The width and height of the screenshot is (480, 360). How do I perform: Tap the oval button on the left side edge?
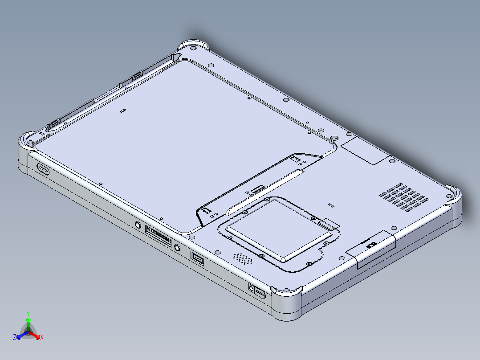pyautogui.click(x=44, y=169)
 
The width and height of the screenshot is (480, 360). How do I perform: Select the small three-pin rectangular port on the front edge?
pyautogui.click(x=197, y=258)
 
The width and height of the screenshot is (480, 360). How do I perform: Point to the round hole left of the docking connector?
pyautogui.click(x=138, y=225)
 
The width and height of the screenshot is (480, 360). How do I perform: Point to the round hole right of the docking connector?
pyautogui.click(x=177, y=247)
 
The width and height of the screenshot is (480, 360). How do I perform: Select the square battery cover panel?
pyautogui.click(x=278, y=228)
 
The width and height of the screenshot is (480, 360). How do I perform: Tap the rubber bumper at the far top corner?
pyautogui.click(x=194, y=45)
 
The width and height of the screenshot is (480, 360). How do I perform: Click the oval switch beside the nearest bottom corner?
pyautogui.click(x=260, y=294)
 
